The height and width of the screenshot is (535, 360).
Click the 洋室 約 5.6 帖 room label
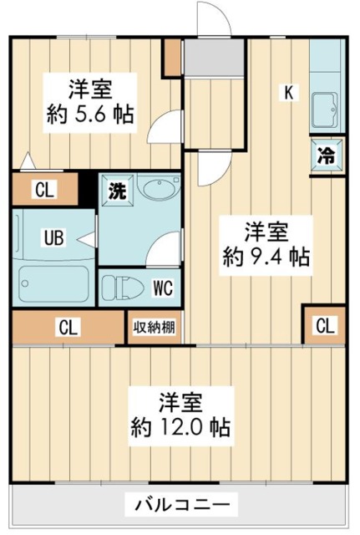[90, 102]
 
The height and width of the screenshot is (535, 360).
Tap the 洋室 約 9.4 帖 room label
[266, 245]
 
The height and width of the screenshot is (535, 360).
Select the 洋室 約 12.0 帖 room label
[181, 415]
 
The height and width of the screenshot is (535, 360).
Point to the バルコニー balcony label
[182, 504]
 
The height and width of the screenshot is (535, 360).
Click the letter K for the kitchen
[289, 93]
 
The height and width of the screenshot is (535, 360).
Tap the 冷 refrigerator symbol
[327, 156]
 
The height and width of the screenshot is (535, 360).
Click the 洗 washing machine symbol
[117, 191]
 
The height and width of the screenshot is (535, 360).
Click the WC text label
[163, 288]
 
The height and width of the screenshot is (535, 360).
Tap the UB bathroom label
[54, 237]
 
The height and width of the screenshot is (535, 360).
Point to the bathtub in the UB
[53, 283]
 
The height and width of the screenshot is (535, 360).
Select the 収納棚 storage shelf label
[154, 327]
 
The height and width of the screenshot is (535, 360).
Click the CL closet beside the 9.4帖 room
[326, 325]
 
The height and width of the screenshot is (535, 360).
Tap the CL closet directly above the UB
[44, 190]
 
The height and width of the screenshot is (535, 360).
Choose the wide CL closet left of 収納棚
[68, 327]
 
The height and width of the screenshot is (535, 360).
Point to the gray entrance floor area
[214, 58]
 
